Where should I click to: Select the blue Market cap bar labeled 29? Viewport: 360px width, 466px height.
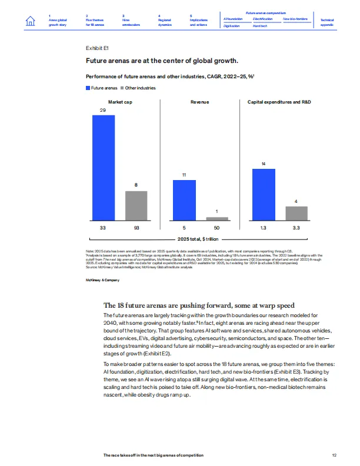click(103, 168)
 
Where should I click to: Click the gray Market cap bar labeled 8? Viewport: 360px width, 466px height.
click(136, 205)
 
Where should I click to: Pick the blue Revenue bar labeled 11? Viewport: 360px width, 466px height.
click(184, 200)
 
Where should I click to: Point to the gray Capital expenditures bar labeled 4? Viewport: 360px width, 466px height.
click(296, 213)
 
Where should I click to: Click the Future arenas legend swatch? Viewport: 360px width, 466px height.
click(88, 88)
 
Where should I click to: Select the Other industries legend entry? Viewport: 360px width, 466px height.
click(140, 88)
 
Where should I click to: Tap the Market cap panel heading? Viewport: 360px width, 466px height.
click(119, 102)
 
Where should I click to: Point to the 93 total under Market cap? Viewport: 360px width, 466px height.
click(136, 227)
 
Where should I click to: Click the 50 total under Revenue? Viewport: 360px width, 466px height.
click(216, 227)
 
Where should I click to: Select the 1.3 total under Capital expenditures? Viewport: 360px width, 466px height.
click(264, 227)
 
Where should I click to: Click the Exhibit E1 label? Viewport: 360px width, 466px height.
click(97, 47)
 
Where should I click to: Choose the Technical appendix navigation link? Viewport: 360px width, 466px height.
click(327, 22)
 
